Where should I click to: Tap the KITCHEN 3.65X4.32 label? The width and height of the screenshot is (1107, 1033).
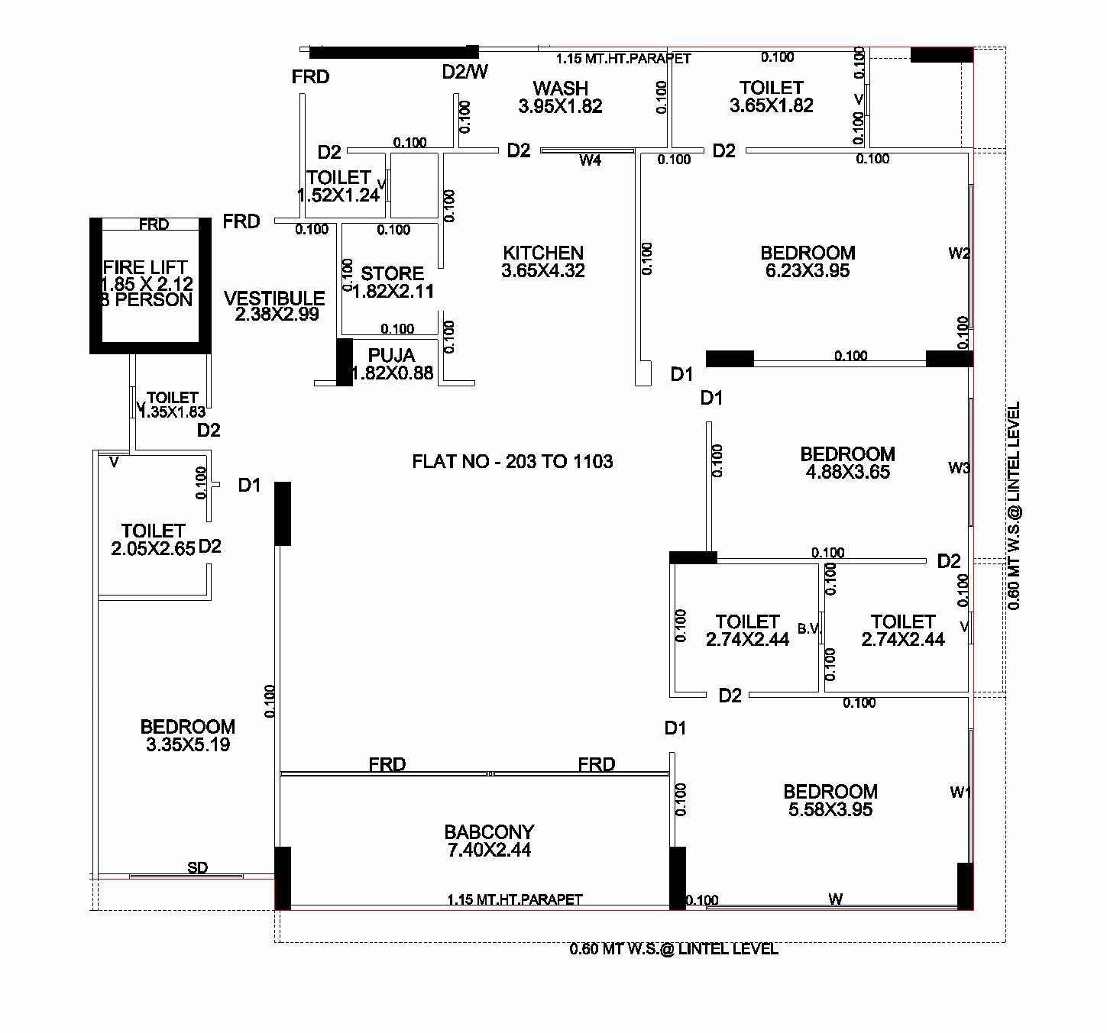coord(543,261)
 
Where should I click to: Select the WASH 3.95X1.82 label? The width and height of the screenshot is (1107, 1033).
coord(560,97)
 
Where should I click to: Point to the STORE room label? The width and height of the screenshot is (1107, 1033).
coord(392,282)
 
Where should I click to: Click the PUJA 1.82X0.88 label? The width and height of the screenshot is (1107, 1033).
coord(391,364)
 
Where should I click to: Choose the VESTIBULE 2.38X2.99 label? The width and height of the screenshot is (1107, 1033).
coord(275,305)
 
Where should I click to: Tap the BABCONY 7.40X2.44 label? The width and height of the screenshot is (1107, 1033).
coord(489,841)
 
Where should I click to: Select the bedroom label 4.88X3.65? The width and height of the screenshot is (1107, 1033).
coord(847,463)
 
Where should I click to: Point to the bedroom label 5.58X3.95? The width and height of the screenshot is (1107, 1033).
coord(830,800)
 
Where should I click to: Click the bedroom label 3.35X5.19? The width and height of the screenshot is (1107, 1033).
coord(187,735)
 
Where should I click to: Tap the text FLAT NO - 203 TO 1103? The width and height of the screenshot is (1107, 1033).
coord(512,461)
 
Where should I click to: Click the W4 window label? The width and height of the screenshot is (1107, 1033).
coord(590,160)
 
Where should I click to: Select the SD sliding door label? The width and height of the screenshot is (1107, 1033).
coord(197,867)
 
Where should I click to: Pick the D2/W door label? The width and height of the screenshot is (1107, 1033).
coord(464,72)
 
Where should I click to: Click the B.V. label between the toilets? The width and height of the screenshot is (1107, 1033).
coord(809,628)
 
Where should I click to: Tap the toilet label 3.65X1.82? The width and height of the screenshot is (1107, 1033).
coord(771,97)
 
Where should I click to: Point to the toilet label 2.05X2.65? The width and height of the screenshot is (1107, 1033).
coord(153,539)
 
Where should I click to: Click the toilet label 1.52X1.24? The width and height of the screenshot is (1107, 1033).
coord(338,186)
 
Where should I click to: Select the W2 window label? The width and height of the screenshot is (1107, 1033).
coord(959,253)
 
